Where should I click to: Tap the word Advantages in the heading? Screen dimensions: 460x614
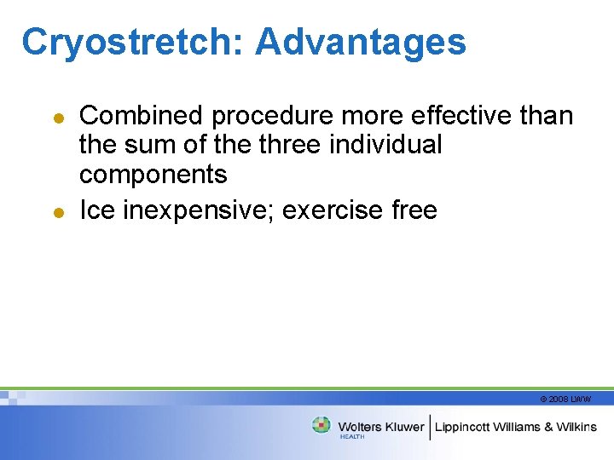[360, 42]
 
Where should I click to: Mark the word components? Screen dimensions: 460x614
[153, 175]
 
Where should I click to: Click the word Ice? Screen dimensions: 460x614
[97, 210]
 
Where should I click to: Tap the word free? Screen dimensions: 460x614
[413, 210]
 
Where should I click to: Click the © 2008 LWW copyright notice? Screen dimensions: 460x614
[565, 399]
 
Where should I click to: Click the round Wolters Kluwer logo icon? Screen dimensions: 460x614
[321, 425]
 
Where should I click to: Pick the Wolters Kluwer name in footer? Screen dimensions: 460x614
[380, 426]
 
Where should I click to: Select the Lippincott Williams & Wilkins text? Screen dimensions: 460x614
[516, 426]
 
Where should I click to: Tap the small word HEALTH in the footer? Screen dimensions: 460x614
[351, 436]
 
